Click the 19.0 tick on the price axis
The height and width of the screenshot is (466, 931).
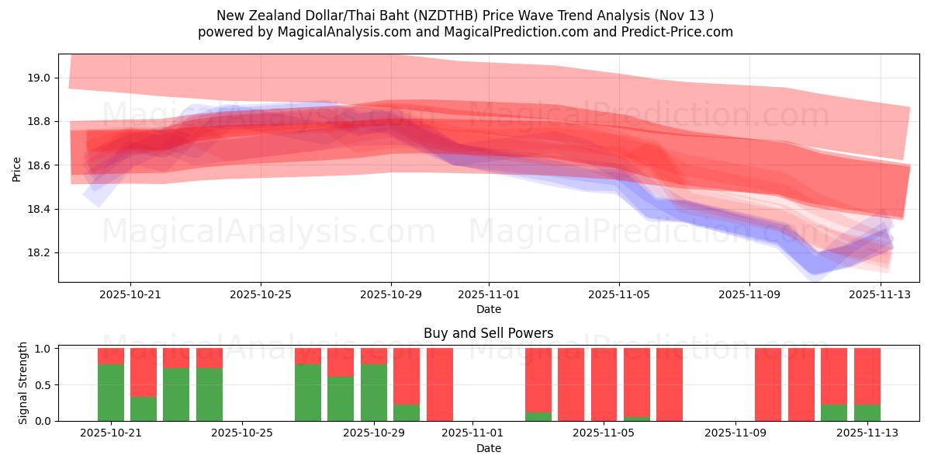click(40, 78)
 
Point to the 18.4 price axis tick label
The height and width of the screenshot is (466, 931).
click(40, 210)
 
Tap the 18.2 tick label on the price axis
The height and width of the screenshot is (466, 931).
click(40, 253)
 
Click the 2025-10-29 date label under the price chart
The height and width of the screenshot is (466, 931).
click(391, 294)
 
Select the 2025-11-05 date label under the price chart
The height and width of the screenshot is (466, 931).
click(619, 294)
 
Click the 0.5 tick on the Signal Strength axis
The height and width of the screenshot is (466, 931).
click(42, 384)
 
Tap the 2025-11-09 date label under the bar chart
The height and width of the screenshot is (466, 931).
click(733, 433)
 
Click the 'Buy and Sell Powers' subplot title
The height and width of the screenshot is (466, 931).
click(489, 333)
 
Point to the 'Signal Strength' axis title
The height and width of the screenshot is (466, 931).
click(23, 383)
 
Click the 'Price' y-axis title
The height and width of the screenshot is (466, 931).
click(17, 169)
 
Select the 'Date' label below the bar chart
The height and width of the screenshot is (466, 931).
click(489, 448)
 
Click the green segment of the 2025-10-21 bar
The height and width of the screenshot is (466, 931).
click(111, 392)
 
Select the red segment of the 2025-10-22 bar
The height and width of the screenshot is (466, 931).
click(144, 372)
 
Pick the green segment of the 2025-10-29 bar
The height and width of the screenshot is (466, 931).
click(374, 392)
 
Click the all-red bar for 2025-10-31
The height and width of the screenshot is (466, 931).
click(440, 384)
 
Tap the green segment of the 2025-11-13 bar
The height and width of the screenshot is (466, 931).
click(867, 412)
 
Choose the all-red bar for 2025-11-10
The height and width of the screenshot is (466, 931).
click(768, 384)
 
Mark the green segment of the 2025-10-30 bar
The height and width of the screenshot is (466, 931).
click(407, 412)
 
